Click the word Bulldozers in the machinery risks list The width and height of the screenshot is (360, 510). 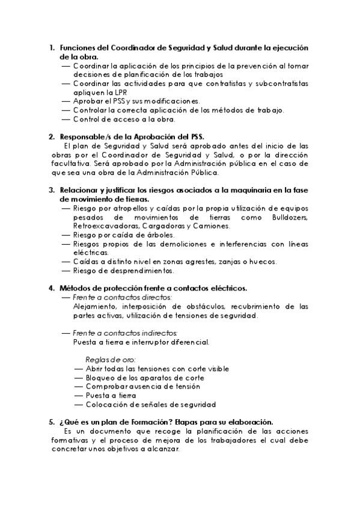pos(290,217)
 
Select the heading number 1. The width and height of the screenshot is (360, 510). pos(52,48)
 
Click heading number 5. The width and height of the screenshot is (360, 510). pos(52,422)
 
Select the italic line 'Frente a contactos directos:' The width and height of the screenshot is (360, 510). pos(123,298)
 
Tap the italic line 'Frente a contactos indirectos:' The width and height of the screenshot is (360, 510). pos(125,333)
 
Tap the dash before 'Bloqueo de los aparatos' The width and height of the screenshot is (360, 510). pos(79,378)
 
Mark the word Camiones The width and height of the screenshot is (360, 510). pos(210,226)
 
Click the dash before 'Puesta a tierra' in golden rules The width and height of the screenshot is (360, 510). pos(79,396)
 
